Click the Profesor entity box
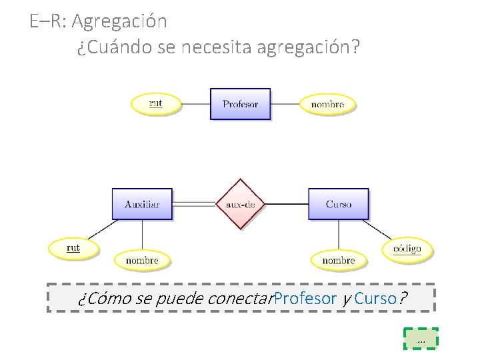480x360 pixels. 240,104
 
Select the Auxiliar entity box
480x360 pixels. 142,204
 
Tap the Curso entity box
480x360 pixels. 339,204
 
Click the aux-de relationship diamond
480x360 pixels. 240,204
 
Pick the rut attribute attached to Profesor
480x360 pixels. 155,104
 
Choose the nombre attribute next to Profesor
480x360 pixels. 327,104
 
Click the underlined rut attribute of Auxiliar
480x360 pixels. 73,248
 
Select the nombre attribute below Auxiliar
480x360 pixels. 142,260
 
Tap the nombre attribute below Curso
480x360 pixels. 339,260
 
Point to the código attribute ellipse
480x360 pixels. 407,249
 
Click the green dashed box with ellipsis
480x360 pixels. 421,339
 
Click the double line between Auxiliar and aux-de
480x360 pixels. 194,203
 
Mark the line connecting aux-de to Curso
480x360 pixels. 286,203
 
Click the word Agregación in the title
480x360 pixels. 119,21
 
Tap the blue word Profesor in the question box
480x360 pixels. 305,298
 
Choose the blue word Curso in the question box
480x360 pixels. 375,298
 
